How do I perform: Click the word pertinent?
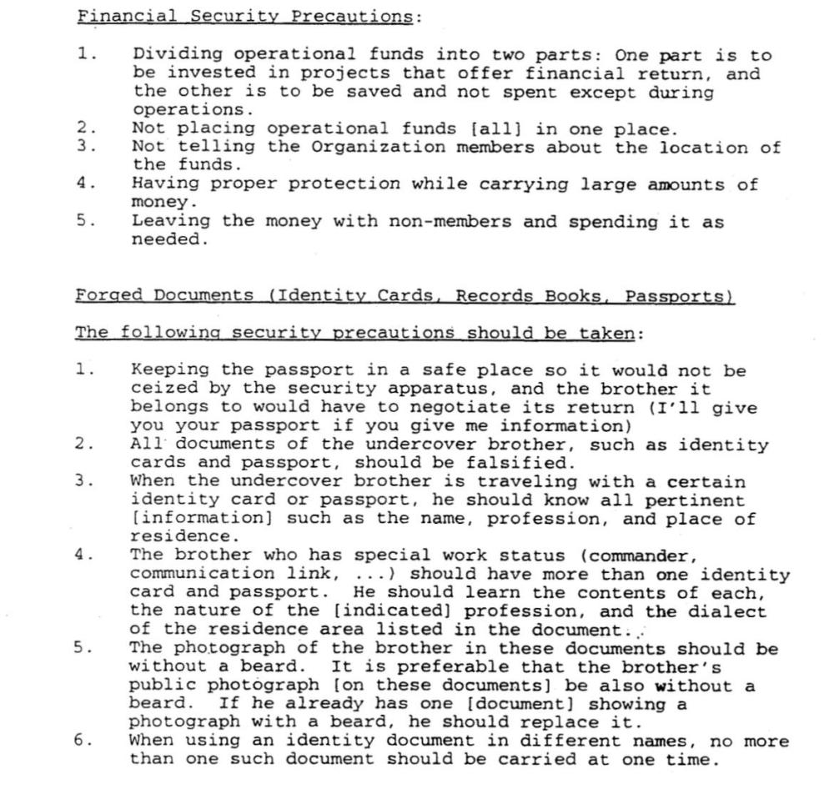click(699, 500)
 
